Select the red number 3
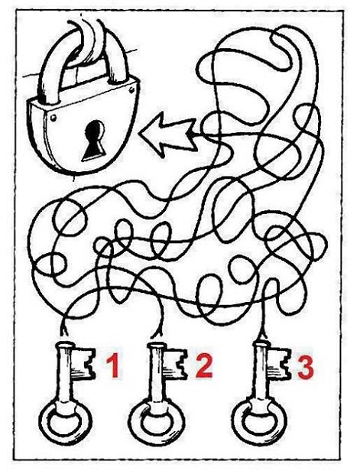(306, 366)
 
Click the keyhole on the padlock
(94, 141)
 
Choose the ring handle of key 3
(260, 420)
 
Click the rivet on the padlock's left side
(54, 117)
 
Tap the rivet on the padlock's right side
(131, 89)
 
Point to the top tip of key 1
(65, 343)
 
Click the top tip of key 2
(156, 343)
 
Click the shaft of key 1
(64, 373)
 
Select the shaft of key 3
(260, 372)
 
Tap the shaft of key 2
(155, 373)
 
